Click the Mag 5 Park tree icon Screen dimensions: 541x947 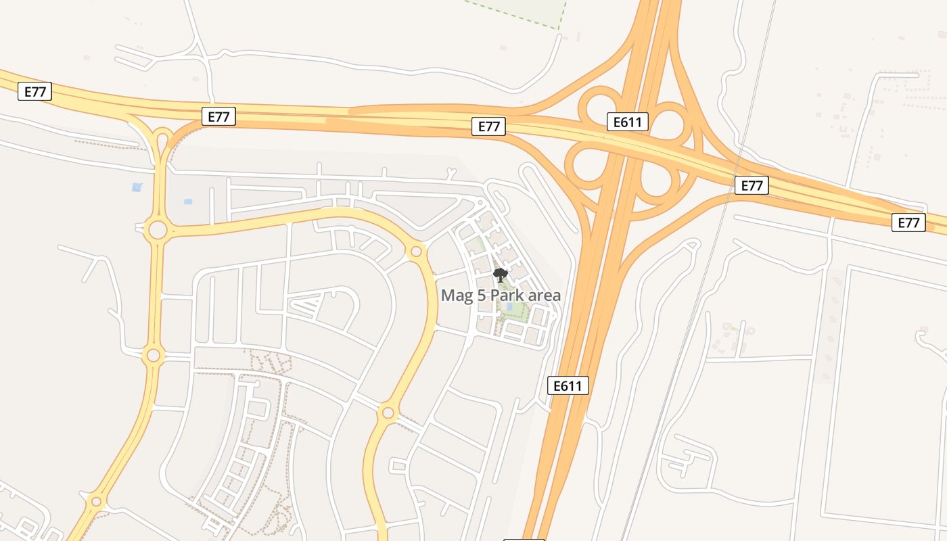(x=501, y=275)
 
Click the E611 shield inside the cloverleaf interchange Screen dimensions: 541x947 (x=628, y=122)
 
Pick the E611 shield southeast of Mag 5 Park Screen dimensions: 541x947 (x=568, y=385)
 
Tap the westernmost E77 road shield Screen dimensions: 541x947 (x=34, y=91)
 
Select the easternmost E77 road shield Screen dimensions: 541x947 (x=908, y=222)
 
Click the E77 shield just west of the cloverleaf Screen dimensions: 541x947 (x=488, y=126)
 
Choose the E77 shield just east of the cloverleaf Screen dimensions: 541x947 (x=752, y=185)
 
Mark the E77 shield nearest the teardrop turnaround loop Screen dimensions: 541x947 (x=218, y=116)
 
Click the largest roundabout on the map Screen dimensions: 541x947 (x=157, y=230)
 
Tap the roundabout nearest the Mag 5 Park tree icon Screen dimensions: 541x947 (x=416, y=252)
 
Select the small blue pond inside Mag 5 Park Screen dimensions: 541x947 (x=509, y=306)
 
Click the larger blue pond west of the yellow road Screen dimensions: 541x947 (x=137, y=187)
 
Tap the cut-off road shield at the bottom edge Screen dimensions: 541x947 (x=524, y=539)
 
